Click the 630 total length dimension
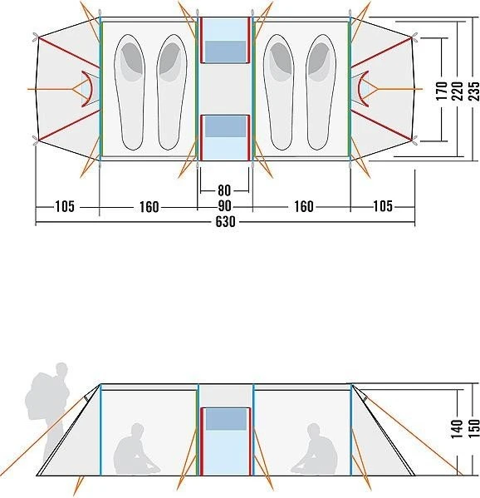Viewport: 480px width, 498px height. coord(225,221)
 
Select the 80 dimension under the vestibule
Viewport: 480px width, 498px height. coord(224,190)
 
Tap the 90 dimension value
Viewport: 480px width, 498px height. coord(224,206)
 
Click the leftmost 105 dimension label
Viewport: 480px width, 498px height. coord(65,206)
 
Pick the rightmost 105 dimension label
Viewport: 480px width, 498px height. coord(383,206)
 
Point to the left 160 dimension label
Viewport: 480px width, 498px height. coord(149,207)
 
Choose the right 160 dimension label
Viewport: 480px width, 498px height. coord(304,206)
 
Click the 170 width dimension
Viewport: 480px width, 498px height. coord(442,91)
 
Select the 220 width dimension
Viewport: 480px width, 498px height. coord(458,91)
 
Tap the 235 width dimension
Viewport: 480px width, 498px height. coord(473,91)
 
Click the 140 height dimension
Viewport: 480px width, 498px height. coord(457,429)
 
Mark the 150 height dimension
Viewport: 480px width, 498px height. coord(473,429)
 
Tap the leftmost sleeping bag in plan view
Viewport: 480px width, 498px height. coord(130,92)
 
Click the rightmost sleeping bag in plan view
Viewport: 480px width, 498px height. coord(321,92)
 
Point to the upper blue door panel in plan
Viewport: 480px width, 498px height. coord(225,52)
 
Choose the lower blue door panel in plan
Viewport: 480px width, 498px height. coord(225,126)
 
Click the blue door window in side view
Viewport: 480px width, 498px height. coord(226,419)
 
